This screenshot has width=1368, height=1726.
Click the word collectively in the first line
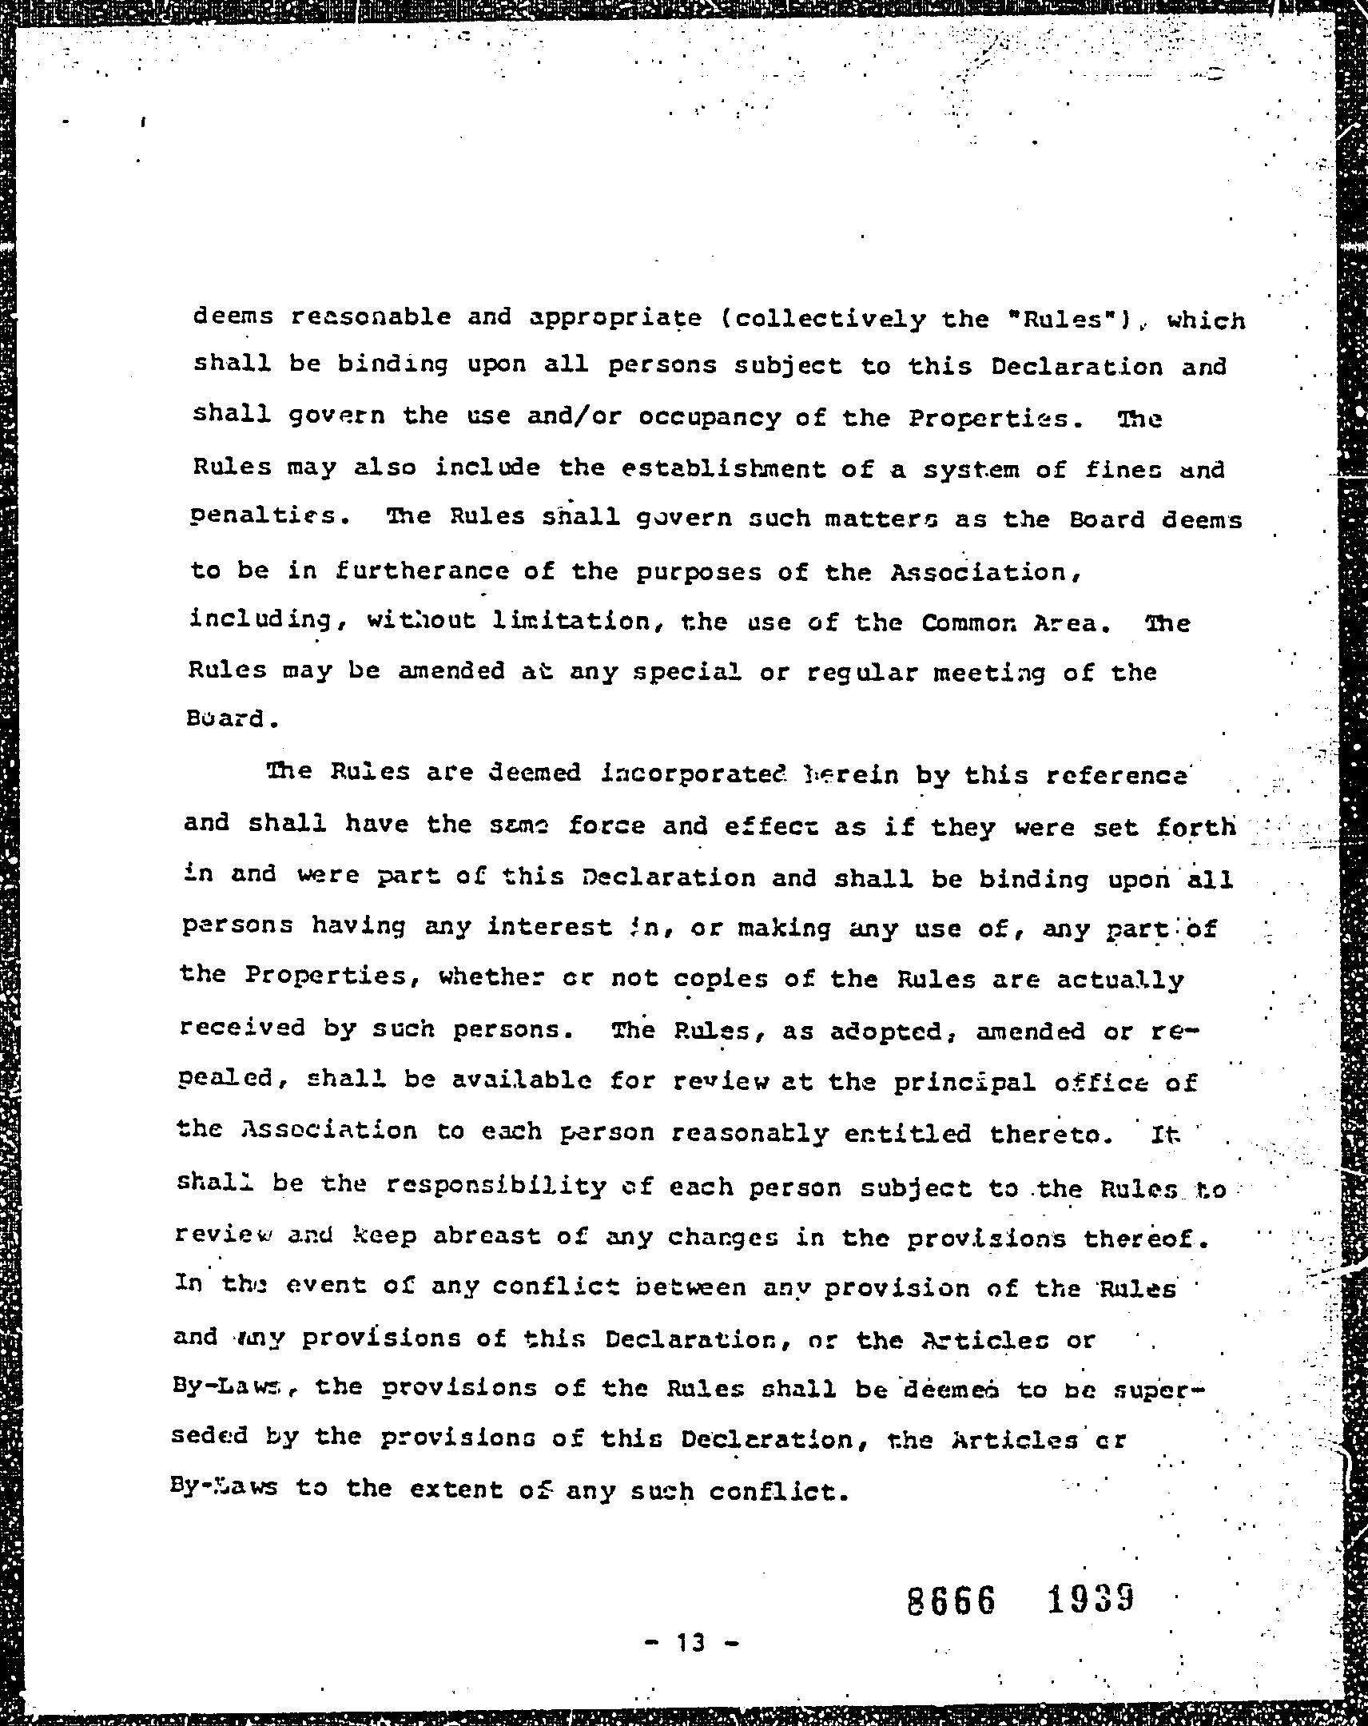pyautogui.click(x=828, y=319)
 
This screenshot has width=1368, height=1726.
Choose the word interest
pyautogui.click(x=550, y=927)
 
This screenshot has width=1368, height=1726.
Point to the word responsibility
pyautogui.click(x=496, y=1185)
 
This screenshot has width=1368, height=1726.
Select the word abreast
pyautogui.click(x=487, y=1236)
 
